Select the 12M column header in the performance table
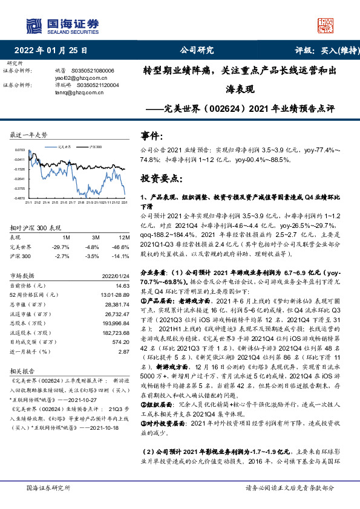point(125,238)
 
